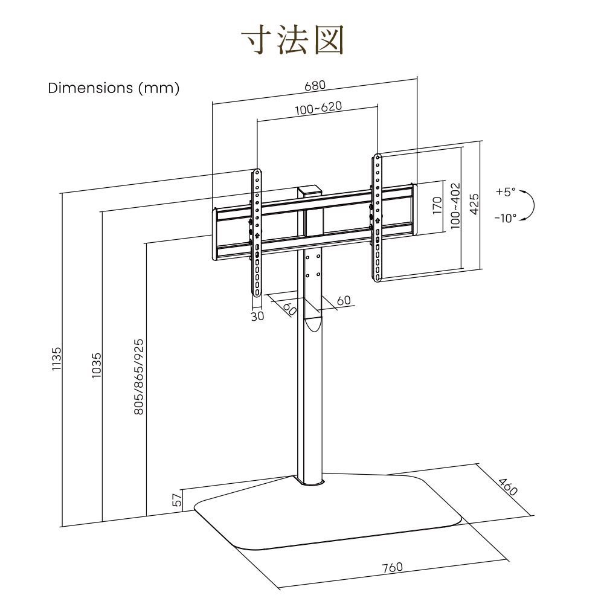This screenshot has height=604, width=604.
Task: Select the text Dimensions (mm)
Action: coord(114,88)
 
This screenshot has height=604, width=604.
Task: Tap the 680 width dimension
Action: coord(314,86)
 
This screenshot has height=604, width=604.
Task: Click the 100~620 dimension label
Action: coord(318,108)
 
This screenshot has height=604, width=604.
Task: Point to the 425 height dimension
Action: coord(475,204)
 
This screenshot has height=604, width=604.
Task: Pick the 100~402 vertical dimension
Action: coord(456,205)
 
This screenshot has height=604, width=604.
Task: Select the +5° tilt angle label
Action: coord(506,192)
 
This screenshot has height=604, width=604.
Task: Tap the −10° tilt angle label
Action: coord(505,218)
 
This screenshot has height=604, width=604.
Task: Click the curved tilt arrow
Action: coord(529,205)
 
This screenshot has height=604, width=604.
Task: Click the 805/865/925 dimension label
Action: coord(139,376)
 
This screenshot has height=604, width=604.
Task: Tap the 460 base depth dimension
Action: coord(509,486)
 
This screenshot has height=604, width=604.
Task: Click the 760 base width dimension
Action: coord(392,568)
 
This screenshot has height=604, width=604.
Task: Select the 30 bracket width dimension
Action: coord(258,316)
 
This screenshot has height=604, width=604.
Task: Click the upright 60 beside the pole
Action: coord(344,301)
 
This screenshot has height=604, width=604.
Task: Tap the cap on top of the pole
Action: coord(309,190)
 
